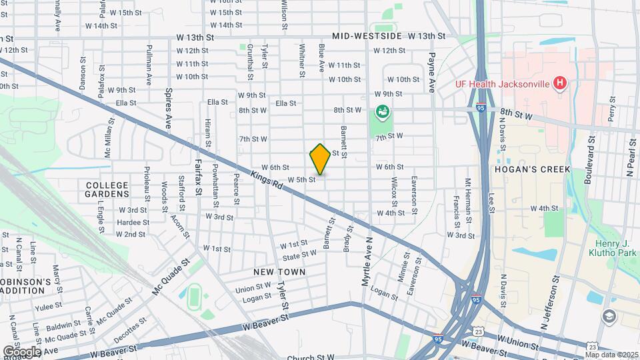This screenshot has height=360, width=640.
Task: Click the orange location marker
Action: (320, 159)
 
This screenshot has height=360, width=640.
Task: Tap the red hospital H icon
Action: (560, 83)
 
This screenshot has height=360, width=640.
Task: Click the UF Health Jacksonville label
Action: (511, 84)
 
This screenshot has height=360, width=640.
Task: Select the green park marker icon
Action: (382, 111)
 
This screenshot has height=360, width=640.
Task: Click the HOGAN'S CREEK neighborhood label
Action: (532, 169)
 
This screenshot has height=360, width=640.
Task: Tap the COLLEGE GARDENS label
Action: (107, 188)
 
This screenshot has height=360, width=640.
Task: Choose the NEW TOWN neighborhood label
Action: (279, 272)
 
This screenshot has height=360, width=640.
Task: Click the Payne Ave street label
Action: (432, 72)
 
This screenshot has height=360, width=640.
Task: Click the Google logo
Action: (22, 351)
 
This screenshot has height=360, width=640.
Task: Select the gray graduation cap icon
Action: (609, 316)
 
